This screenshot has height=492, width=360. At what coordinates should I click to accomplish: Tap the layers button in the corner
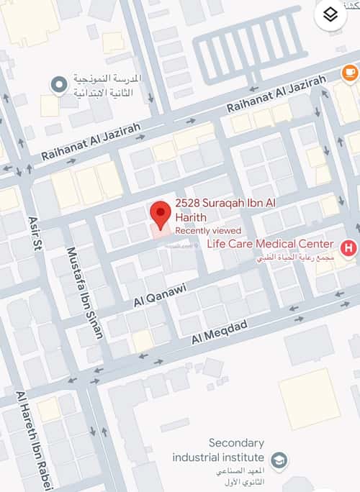331,15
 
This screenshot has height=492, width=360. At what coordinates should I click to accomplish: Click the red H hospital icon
349,248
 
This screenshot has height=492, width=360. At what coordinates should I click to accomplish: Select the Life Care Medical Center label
270,244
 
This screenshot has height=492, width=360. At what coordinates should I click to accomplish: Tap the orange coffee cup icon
349,72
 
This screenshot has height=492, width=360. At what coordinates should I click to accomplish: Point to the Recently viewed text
208,230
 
